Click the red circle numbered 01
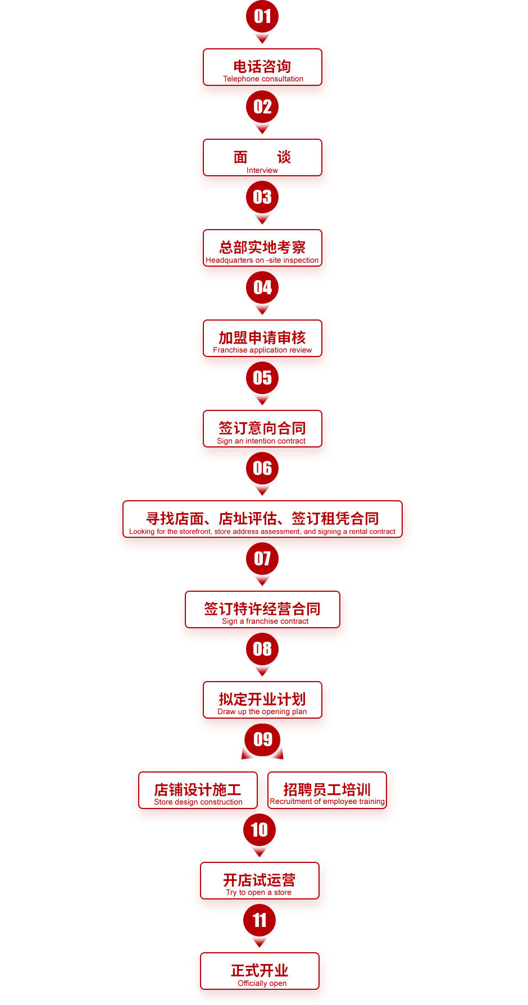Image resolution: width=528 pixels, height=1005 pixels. coord(262,16)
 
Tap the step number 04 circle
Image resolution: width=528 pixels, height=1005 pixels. coord(262,287)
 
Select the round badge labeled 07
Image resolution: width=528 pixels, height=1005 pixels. coord(262,559)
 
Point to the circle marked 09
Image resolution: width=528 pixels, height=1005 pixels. coord(262,739)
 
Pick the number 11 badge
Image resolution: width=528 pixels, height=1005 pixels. coord(260,920)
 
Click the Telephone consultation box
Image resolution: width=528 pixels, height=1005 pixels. coord(262,67)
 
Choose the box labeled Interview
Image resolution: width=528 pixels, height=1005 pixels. coord(262,158)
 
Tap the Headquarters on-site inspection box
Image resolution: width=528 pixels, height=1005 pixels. coord(262,248)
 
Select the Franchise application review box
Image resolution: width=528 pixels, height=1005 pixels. coord(262,339)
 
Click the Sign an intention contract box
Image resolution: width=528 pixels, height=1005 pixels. coord(262,429)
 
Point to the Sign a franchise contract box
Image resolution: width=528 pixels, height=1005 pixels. coord(262,610)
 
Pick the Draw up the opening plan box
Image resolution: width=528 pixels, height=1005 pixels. coord(262,700)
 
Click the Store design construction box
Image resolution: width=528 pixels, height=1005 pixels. coord(198,791)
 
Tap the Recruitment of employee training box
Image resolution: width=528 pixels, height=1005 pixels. coord(327,791)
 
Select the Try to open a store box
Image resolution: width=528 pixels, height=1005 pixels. coord(260,881)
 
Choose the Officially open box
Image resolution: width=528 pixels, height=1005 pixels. coord(260,971)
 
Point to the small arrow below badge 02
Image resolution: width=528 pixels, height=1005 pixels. coord(262,129)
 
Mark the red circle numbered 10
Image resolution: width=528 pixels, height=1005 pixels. coord(260,830)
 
